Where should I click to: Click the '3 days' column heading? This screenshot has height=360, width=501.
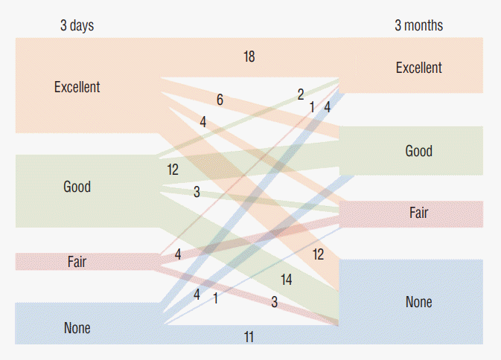point(77,26)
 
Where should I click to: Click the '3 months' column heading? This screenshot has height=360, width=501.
point(418,26)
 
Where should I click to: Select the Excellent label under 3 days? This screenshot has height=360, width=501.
point(77,87)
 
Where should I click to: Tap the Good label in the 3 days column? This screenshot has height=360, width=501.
point(77,187)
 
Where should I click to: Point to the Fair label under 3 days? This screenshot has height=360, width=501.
point(77,262)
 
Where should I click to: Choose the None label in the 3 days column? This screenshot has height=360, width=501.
point(77,328)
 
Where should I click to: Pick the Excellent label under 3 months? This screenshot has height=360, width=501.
point(418,68)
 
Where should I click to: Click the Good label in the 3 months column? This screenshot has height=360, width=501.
point(418,151)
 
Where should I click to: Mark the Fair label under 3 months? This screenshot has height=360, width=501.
point(418,213)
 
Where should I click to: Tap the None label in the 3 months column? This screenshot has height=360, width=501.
point(418,302)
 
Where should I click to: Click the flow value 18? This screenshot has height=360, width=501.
point(249,57)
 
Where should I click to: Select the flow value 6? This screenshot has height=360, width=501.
point(220,99)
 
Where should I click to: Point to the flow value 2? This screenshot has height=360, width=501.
point(301,94)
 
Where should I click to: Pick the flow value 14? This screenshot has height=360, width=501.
point(286,280)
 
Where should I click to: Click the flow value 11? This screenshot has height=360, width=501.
point(249,337)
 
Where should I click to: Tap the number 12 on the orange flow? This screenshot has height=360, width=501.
point(318,254)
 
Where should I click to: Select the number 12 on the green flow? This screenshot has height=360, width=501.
point(173,170)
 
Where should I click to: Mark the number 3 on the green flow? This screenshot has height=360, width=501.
point(197,192)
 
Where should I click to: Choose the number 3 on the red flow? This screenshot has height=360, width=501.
point(274,302)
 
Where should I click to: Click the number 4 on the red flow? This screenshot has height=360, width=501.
point(178,255)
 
